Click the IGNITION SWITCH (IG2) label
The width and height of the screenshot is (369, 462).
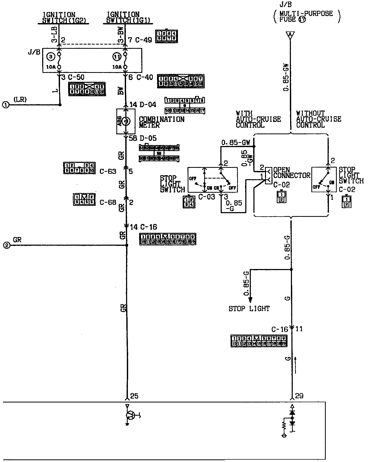(63, 17)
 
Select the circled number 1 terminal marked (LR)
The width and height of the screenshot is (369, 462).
(6, 105)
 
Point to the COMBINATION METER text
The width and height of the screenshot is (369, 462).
(161, 122)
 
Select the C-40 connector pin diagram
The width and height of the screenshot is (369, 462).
(181, 81)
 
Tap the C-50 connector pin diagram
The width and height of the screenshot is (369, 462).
(86, 89)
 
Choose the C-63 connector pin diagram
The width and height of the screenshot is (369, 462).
(79, 168)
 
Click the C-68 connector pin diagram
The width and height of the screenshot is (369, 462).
(84, 199)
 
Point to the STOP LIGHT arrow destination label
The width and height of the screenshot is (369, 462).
(249, 309)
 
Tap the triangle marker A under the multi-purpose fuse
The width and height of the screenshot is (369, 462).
(290, 35)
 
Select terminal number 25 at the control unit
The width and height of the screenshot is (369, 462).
(134, 396)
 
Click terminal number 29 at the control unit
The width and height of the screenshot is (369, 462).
(299, 396)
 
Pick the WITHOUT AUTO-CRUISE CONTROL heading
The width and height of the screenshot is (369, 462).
(318, 119)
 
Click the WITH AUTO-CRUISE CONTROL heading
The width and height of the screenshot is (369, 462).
(258, 119)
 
